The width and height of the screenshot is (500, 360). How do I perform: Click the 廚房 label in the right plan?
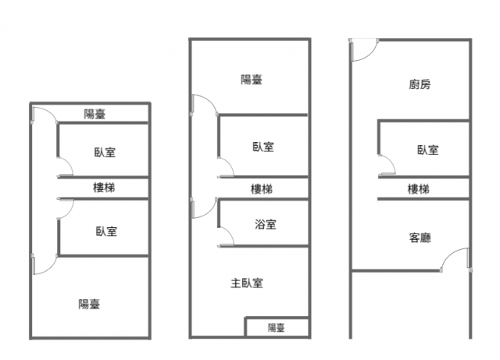tap(419, 85)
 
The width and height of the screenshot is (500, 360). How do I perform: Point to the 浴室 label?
tap(265, 225)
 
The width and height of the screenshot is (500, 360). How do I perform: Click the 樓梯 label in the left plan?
tap(105, 187)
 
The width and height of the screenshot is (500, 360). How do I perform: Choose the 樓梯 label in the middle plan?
tap(262, 189)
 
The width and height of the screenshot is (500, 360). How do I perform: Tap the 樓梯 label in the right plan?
tap(418, 189)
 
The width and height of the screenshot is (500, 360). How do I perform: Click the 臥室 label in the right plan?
tap(427, 150)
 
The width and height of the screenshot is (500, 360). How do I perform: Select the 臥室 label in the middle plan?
tap(263, 146)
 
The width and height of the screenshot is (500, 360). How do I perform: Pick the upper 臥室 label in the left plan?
tap(105, 152)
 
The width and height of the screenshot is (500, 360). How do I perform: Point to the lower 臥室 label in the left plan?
tap(106, 231)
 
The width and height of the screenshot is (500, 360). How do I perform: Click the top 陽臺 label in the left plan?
tap(95, 114)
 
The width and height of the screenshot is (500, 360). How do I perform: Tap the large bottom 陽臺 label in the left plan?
tap(89, 304)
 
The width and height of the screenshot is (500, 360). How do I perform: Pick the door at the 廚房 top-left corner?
tap(361, 51)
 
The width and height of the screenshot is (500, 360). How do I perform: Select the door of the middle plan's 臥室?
tap(226, 168)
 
